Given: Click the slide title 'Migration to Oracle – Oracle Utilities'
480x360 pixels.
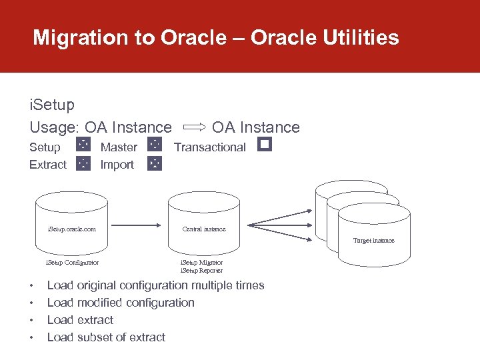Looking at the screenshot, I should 216,37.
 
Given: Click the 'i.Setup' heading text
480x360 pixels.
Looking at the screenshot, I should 52,105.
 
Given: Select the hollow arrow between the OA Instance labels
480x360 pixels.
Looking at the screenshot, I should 193,127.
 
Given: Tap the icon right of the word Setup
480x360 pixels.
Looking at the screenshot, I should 83,145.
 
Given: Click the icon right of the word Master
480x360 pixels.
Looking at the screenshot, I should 155,145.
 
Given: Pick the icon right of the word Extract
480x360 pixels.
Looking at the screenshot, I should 83,163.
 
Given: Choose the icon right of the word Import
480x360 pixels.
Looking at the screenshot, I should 155,163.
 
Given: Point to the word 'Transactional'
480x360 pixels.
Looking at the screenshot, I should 210,147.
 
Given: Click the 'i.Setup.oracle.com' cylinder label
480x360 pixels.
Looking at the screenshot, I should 71,229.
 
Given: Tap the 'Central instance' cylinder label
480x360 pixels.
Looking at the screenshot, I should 204,229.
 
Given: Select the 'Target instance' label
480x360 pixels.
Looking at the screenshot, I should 373,241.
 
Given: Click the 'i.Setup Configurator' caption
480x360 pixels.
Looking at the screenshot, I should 71,263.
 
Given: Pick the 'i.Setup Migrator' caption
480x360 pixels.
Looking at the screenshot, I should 201,263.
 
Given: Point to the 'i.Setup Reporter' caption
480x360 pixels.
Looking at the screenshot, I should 201,271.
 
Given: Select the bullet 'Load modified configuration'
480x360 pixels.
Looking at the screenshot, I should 121,303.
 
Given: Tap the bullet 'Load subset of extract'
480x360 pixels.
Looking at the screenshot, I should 106,337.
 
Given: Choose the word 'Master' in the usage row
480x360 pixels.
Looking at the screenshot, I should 119,147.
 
